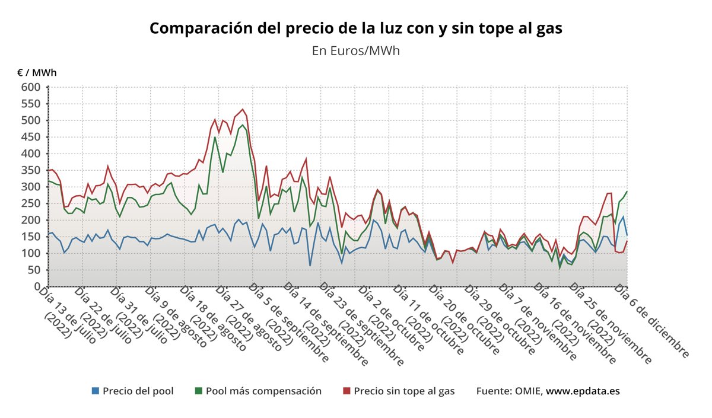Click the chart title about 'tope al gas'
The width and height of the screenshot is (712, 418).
coord(355,28)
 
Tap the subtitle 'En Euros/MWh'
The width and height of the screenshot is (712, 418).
coord(355,50)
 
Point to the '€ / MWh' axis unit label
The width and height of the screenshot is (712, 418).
coord(37,73)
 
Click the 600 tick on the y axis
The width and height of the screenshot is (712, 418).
coord(31,87)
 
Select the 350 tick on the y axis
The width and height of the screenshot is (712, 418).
coord(31,170)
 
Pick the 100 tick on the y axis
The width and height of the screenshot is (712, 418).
coord(31,253)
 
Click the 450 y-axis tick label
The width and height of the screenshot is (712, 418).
coord(31,137)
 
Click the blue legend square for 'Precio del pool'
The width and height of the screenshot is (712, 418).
coord(95,391)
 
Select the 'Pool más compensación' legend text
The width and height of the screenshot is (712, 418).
coord(263,391)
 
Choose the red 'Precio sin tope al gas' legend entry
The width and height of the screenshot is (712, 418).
coord(398,391)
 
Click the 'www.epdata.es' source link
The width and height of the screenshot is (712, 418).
coord(583,391)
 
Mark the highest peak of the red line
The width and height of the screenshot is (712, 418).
coord(243,109)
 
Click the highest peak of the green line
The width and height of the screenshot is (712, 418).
coord(243,125)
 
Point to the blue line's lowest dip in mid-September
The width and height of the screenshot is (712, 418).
coord(310,265)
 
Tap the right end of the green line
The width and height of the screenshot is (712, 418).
coord(627,191)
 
